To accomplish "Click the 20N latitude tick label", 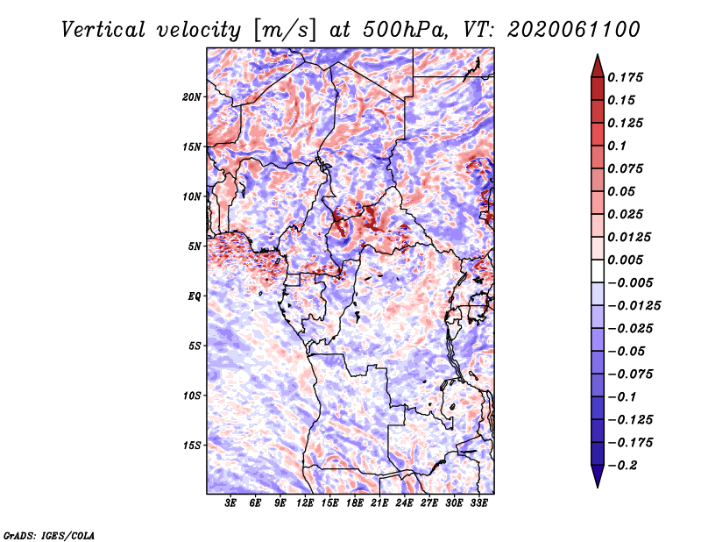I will click(192, 96).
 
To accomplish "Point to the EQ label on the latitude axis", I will click(194, 296).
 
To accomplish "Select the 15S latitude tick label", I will click(192, 446).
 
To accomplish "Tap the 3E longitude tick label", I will click(231, 504).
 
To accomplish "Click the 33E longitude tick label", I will click(479, 504).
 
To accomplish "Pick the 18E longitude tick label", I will click(355, 504).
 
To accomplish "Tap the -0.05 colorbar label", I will click(628, 352).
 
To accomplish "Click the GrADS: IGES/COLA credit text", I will click(48, 534).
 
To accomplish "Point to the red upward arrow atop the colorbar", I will click(596, 64).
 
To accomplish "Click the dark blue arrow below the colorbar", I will click(596, 477).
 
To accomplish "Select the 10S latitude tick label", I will click(192, 396).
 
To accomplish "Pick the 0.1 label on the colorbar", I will click(618, 146).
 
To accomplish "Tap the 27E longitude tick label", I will click(429, 504).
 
